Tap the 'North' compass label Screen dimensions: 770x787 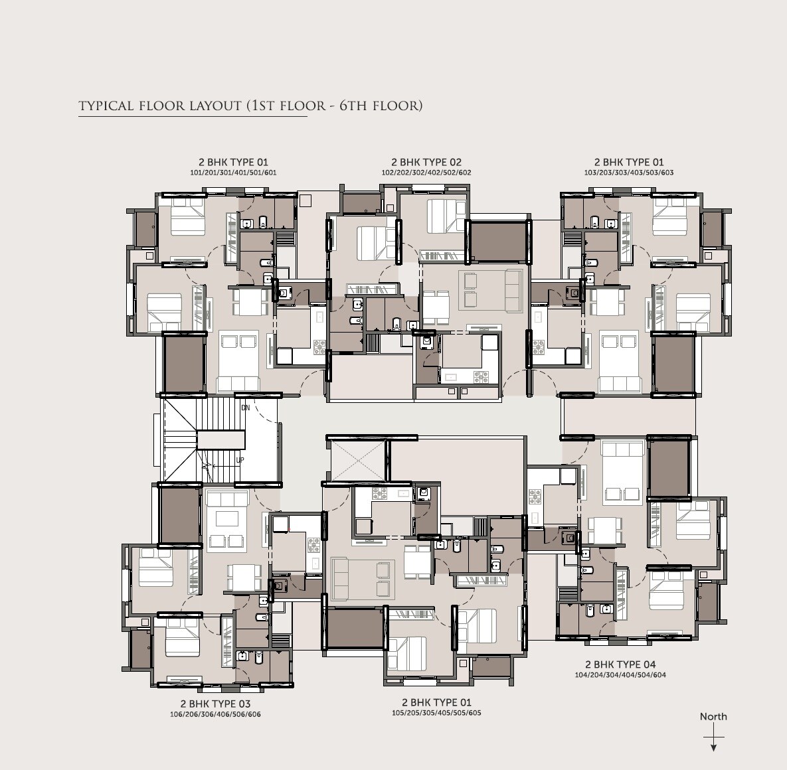click(713, 716)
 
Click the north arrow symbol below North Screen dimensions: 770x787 click(713, 739)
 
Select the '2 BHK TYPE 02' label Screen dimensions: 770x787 click(426, 162)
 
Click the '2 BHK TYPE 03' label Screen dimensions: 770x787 click(215, 704)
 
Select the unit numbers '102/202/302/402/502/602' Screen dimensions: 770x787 click(426, 173)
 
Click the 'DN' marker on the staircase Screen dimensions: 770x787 click(245, 408)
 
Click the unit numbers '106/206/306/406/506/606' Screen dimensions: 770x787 click(215, 714)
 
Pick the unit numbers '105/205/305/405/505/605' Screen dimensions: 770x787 click(436, 713)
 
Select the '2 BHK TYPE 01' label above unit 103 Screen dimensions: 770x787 click(628, 162)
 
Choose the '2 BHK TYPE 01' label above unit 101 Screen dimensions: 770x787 click(233, 162)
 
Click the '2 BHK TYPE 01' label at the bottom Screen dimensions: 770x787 click(436, 702)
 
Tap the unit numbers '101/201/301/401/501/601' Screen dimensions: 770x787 click(233, 173)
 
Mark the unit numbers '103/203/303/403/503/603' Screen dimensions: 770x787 click(628, 173)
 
